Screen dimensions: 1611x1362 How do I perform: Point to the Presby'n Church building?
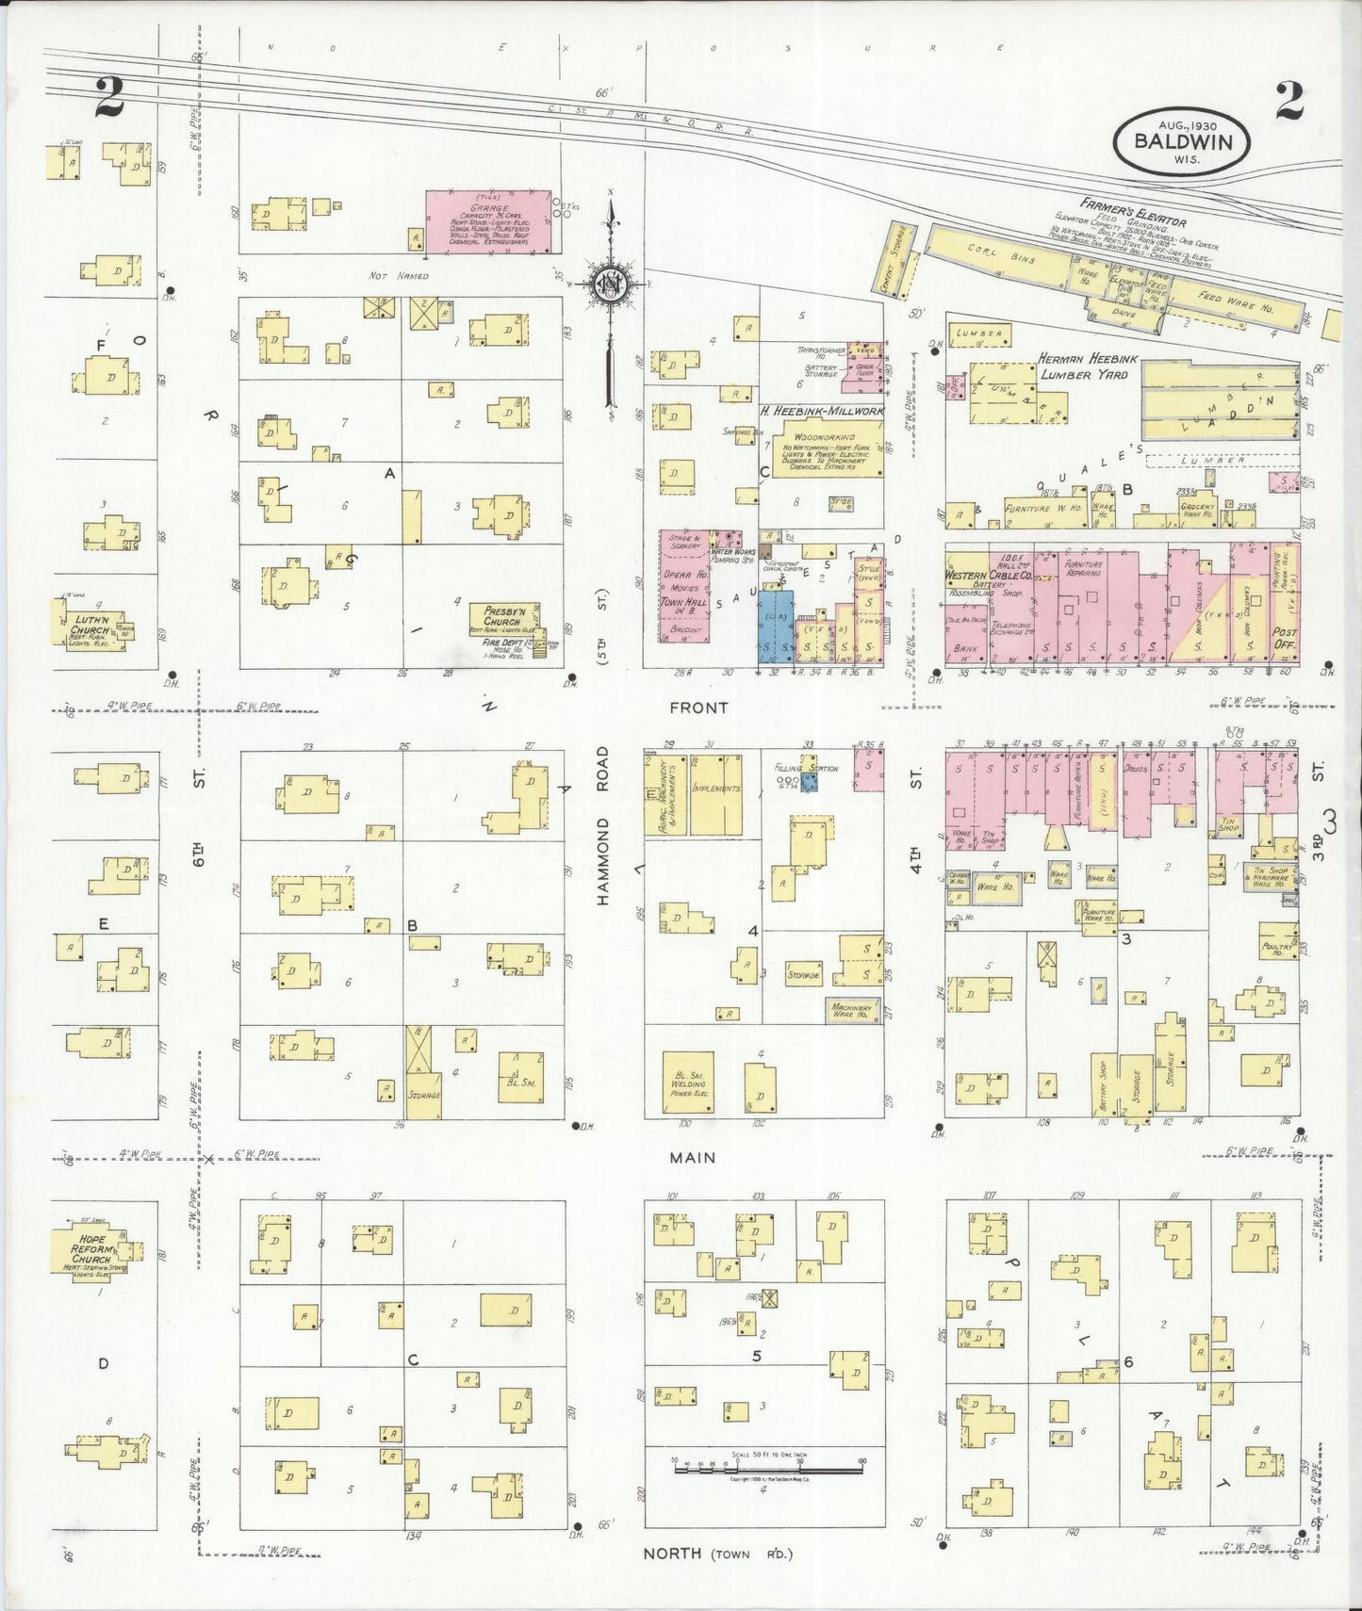(x=505, y=620)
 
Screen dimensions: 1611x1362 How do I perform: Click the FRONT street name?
(x=698, y=706)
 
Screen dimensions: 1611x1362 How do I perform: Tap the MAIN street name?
(x=693, y=1158)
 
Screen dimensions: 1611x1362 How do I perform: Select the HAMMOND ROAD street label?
(x=603, y=826)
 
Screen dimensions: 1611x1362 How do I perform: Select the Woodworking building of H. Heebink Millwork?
(x=823, y=448)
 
